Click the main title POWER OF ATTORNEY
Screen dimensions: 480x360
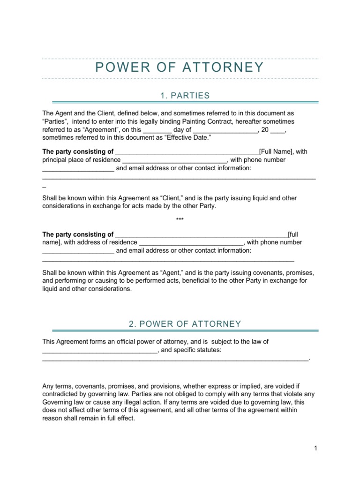(180, 67)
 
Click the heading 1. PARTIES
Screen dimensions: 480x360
(185, 96)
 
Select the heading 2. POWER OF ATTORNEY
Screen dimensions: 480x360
(185, 324)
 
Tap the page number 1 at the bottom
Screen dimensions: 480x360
(316, 448)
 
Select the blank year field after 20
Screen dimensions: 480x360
(277, 130)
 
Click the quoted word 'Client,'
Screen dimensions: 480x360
(174, 198)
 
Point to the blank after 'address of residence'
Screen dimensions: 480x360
(191, 242)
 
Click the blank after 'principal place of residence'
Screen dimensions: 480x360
(174, 160)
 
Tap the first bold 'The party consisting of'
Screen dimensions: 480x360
(78, 151)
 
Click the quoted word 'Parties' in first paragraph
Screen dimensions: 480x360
(56, 121)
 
